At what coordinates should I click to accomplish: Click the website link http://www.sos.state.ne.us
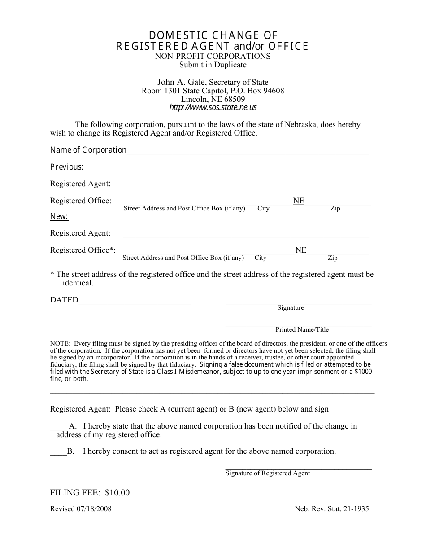point(213,108)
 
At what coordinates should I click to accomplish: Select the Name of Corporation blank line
point(248,152)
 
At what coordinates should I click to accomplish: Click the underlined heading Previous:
point(67,167)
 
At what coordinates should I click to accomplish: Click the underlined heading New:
point(59,217)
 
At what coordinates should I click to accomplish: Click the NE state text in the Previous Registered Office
point(299,201)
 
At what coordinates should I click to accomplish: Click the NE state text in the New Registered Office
point(301,250)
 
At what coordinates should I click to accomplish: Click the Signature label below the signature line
point(291,308)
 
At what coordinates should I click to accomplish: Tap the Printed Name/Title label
point(302,330)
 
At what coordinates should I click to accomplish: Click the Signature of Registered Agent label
point(268,473)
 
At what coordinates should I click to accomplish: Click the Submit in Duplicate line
point(213,65)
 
